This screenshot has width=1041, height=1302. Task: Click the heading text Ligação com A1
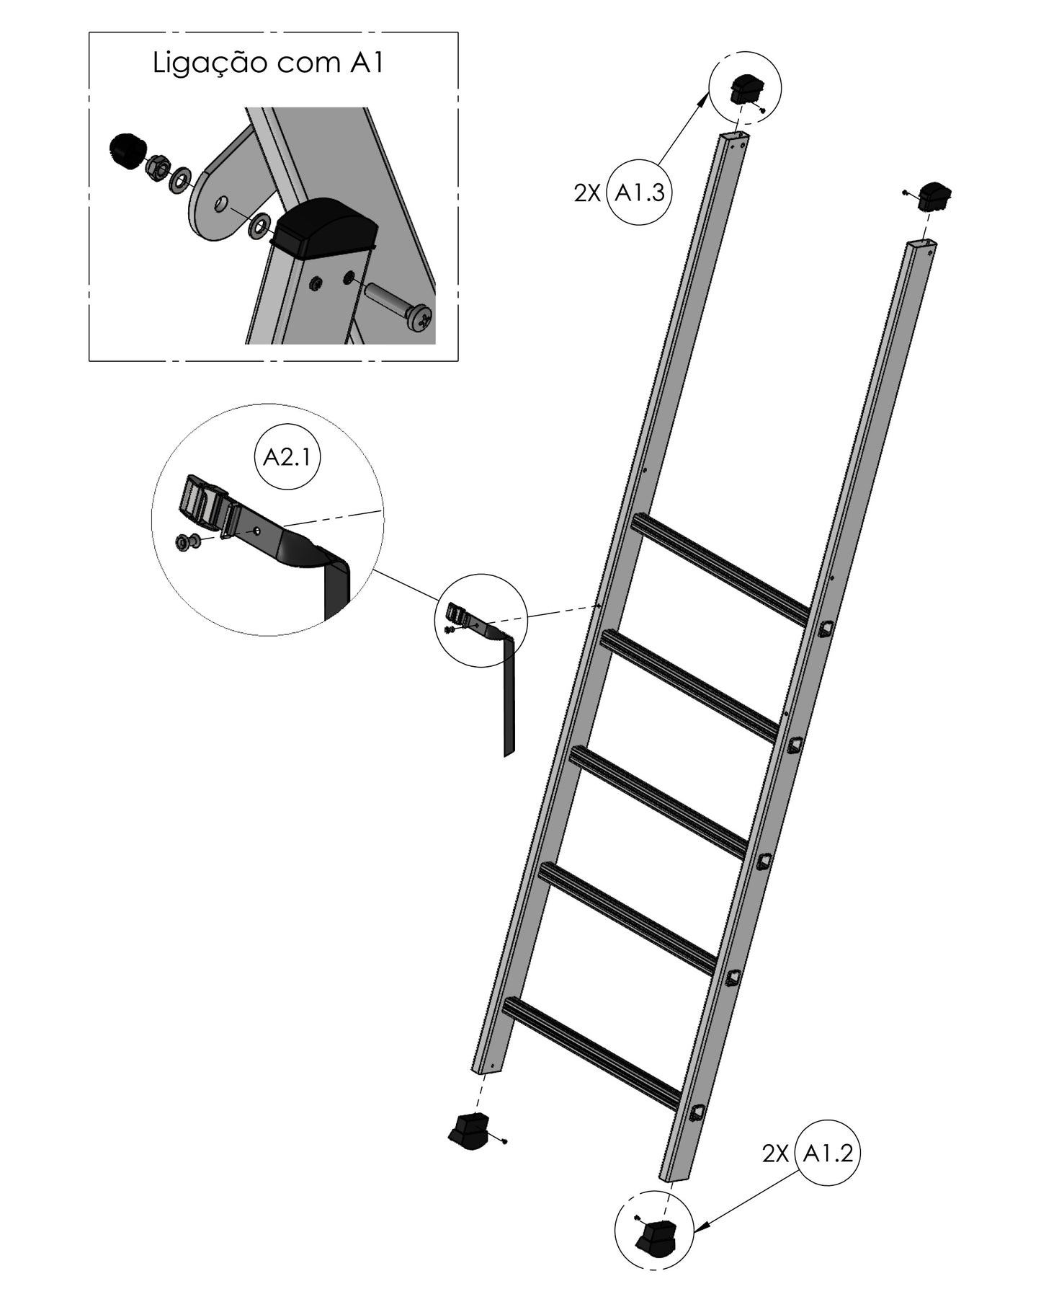[x=268, y=64]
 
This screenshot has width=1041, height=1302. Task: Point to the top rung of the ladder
[x=720, y=569]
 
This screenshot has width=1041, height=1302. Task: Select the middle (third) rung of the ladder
[x=658, y=802]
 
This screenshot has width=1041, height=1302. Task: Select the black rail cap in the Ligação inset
[x=326, y=228]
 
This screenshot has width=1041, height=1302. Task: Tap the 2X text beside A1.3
[x=586, y=193]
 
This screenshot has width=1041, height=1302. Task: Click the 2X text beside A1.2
[x=775, y=1153]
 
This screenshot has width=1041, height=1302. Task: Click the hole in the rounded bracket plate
[x=221, y=205]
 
